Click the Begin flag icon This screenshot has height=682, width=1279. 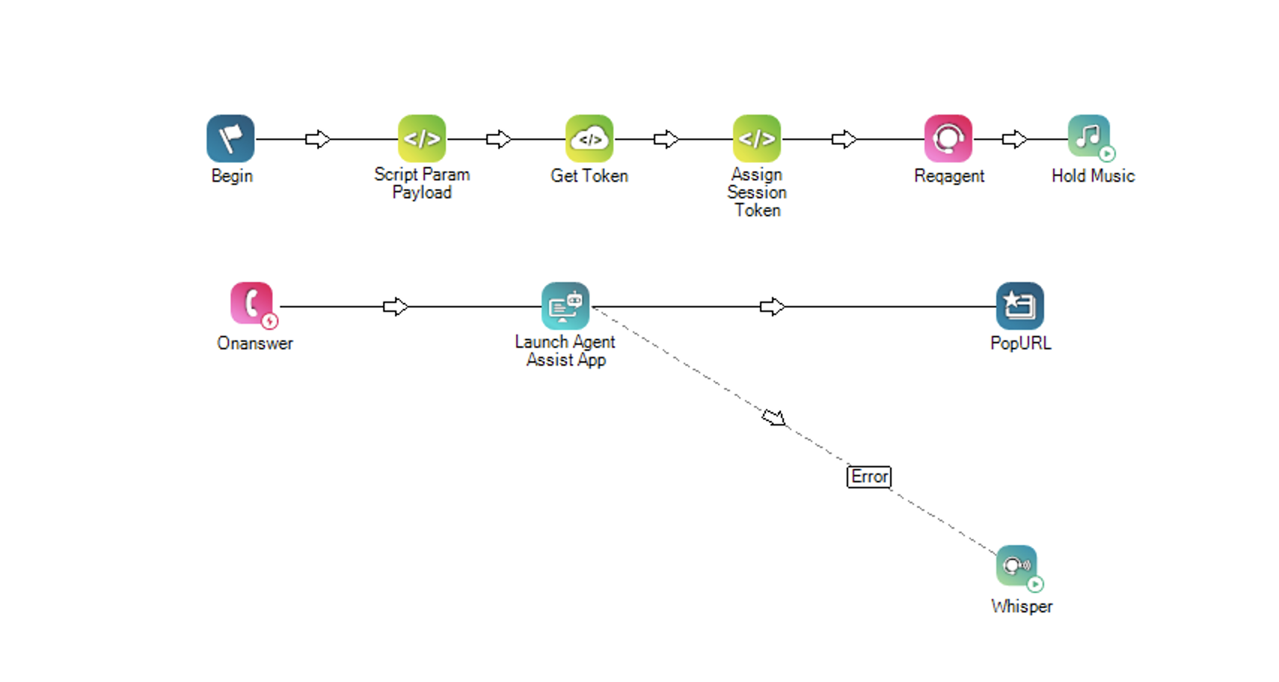230,138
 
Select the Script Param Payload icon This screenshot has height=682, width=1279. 422,138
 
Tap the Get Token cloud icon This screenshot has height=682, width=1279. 589,138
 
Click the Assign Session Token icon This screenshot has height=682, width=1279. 757,138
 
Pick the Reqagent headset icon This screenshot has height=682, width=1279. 948,138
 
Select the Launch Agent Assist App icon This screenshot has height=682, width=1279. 565,306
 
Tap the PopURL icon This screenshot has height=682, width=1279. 1020,306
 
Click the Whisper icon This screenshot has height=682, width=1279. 1017,566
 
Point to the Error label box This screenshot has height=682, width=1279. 869,476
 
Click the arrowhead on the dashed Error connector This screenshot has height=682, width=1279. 774,417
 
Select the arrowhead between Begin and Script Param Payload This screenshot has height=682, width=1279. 318,139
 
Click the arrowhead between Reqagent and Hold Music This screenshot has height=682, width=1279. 1015,139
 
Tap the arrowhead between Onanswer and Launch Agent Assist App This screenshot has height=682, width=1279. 396,307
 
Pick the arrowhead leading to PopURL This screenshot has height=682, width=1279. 773,307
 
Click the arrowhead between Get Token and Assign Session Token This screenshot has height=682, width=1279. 666,139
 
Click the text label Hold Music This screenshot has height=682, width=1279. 1093,176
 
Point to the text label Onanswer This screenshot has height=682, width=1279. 255,343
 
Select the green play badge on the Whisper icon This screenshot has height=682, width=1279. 1035,584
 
